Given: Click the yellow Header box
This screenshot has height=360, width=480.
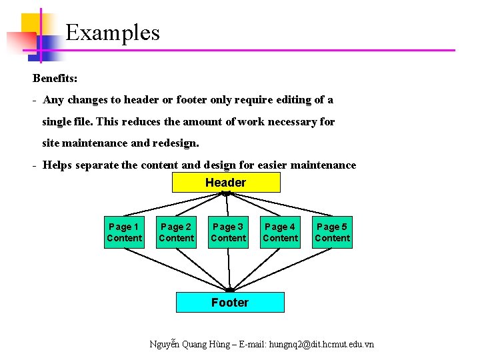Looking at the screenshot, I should [x=226, y=182].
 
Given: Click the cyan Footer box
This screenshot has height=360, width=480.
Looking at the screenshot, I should [x=230, y=302].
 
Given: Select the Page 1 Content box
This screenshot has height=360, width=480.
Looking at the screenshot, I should [x=124, y=232].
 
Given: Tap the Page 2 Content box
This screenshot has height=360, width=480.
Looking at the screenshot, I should [x=176, y=232].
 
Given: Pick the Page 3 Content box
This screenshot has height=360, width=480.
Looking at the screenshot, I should [x=228, y=232].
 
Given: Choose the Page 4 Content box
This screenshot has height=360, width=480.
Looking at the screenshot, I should [x=280, y=232].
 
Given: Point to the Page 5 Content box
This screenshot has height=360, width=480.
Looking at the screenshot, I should [x=332, y=232].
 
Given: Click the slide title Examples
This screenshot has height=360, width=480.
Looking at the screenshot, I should [x=113, y=33].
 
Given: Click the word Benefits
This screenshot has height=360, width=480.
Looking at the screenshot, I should [x=55, y=78].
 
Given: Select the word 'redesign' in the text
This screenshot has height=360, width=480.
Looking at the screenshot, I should [x=175, y=143].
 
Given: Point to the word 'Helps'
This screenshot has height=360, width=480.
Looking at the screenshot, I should [x=57, y=165].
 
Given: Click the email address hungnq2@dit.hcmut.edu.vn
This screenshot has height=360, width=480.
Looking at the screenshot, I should [x=321, y=344].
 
